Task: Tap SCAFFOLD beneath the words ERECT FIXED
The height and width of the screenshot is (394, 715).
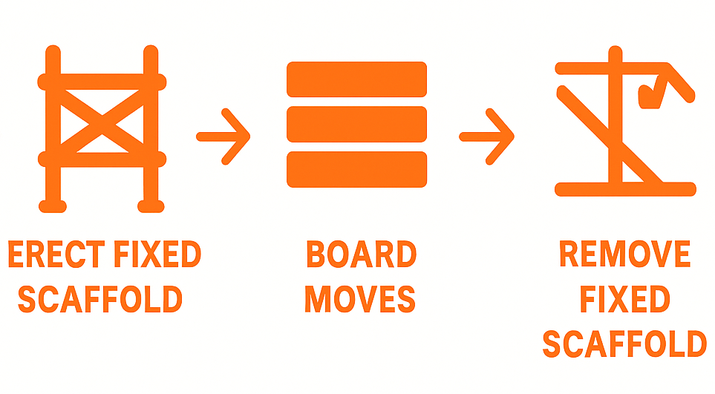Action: pos(99,299)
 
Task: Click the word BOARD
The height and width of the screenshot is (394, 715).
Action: pos(361,255)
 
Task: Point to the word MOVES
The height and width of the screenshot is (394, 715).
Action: pos(360,299)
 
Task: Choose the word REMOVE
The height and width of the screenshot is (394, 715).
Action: pos(624,255)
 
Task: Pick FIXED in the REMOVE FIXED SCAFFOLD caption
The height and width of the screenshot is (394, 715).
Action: pos(624,300)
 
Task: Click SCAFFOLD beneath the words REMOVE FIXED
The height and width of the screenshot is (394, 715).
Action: pos(624,344)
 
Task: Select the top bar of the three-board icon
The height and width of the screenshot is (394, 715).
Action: pos(356,79)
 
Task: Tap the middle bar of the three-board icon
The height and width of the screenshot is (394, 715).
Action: pos(356,124)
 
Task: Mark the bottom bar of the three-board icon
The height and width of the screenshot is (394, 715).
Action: pos(356,169)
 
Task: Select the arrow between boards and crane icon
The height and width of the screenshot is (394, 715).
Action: pos(488,137)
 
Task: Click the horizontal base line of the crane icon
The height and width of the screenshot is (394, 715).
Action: pos(625,189)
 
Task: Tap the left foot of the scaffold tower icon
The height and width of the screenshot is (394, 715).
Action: pos(51,203)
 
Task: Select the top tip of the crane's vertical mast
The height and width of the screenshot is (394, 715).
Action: pos(615,52)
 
